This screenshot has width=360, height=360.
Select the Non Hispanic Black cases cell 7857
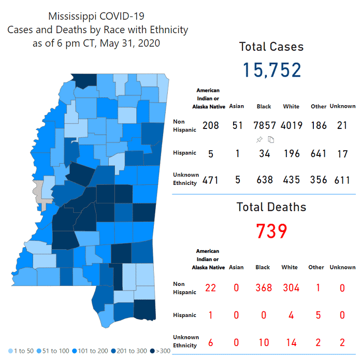pyautogui.click(x=264, y=125)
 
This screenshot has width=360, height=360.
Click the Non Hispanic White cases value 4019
pyautogui.click(x=291, y=125)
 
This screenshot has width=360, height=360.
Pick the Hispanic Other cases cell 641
pyautogui.click(x=319, y=153)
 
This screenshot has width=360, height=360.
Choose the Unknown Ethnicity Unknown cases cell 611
pyautogui.click(x=342, y=180)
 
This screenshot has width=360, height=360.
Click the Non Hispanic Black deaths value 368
pyautogui.click(x=263, y=287)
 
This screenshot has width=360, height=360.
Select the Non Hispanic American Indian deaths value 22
pyautogui.click(x=210, y=287)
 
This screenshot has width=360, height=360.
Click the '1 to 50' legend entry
pyautogui.click(x=21, y=351)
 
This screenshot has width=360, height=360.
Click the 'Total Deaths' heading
pyautogui.click(x=271, y=207)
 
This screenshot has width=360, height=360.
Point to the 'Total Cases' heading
pyautogui.click(x=271, y=47)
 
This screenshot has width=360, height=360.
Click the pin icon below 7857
pyautogui.click(x=259, y=139)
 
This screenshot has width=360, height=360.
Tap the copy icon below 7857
pyautogui.click(x=270, y=139)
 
